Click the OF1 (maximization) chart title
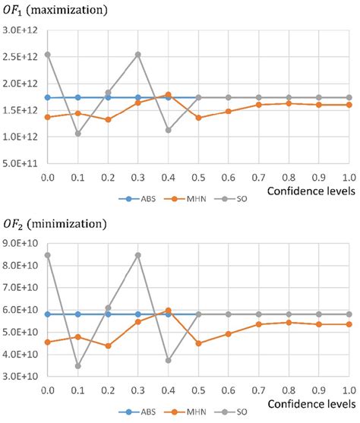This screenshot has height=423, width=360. click(54, 10)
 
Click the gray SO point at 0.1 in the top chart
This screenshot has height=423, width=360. click(77, 134)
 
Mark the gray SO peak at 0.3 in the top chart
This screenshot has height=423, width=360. click(137, 54)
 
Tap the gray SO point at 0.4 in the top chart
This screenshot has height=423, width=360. click(168, 130)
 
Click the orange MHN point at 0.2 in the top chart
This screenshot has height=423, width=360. click(108, 119)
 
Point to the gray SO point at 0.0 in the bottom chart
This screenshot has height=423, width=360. click(47, 255)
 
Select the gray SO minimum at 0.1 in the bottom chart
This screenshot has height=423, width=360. click(77, 365)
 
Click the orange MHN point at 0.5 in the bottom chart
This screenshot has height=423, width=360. click(198, 343)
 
